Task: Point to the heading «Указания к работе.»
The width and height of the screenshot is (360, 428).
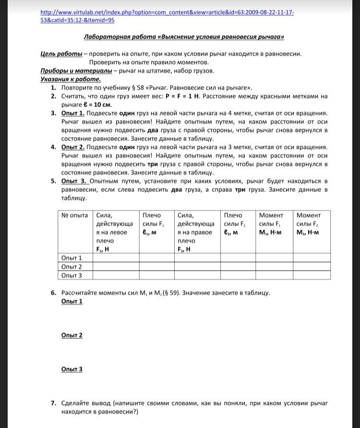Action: point(71,79)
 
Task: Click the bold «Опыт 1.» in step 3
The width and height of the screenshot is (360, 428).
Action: point(73,113)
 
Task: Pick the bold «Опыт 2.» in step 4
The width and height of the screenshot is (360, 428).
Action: point(73,147)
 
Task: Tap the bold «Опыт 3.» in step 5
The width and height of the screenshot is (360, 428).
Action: point(74,181)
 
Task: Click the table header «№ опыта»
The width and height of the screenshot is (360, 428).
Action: point(75,215)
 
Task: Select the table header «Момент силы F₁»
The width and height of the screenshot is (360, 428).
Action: point(271,224)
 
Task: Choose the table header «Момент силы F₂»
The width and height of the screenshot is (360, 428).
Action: point(308,224)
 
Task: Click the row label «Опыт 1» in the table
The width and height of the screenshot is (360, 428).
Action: point(72,258)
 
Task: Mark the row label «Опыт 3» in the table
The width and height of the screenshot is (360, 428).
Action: point(72,275)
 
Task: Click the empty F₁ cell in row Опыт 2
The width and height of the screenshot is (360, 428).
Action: point(116,267)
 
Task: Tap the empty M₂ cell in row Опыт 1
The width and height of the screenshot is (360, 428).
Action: point(312,258)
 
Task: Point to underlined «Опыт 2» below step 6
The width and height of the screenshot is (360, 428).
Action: point(72,335)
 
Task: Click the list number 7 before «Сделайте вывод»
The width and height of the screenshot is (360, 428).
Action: point(53,404)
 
